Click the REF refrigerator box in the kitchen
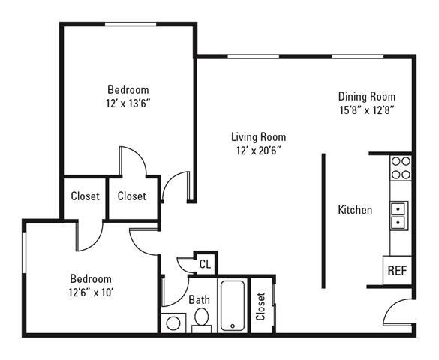pyautogui.click(x=397, y=269)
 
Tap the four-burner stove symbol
pyautogui.click(x=401, y=168)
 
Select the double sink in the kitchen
pyautogui.click(x=398, y=214)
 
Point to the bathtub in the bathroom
pyautogui.click(x=233, y=305)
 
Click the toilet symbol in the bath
pyautogui.click(x=201, y=322)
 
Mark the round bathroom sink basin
pyautogui.click(x=173, y=323)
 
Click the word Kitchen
pyautogui.click(x=355, y=210)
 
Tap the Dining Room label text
pyautogui.click(x=366, y=96)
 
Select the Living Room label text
pyautogui.click(x=258, y=136)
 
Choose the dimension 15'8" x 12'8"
pyautogui.click(x=366, y=109)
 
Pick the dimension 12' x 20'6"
pyautogui.click(x=258, y=149)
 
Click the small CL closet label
pyautogui.click(x=205, y=263)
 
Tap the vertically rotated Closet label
pyautogui.click(x=260, y=307)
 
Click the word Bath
pyautogui.click(x=199, y=299)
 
